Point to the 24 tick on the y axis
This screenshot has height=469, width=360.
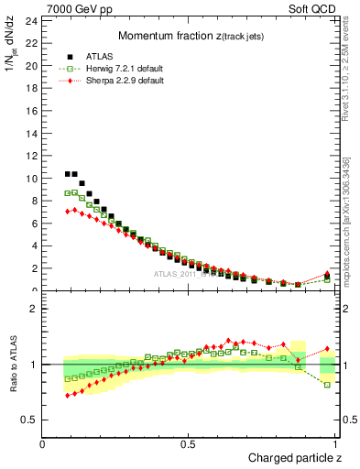[30, 20]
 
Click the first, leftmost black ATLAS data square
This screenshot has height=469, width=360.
[68, 174]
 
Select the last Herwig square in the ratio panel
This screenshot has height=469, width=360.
[328, 385]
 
